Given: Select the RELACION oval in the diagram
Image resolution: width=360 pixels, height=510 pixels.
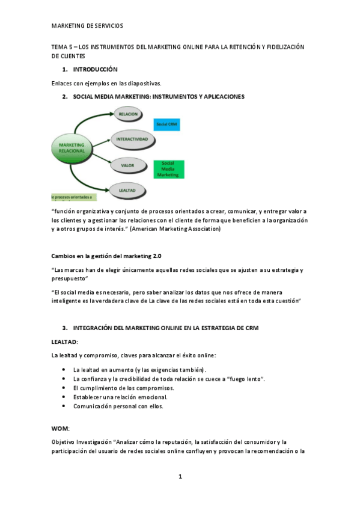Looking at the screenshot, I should (x=129, y=114).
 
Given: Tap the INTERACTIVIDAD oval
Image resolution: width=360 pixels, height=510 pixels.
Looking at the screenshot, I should (x=132, y=139).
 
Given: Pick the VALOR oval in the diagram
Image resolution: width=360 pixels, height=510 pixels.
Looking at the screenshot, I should (x=128, y=164).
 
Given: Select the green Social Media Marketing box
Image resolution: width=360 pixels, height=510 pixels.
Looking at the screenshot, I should (x=168, y=170).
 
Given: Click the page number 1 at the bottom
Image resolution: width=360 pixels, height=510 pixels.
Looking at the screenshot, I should (x=180, y=476).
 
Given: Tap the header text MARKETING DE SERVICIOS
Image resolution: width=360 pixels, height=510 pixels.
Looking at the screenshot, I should (x=87, y=26).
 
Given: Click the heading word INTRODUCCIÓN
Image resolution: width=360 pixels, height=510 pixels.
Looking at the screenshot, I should (x=100, y=70).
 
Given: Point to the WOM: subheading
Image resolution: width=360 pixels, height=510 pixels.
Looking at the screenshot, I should (x=61, y=428).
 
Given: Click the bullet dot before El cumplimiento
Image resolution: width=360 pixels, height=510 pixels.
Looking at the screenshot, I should (x=64, y=388).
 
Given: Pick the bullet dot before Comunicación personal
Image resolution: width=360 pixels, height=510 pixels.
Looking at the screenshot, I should (x=64, y=406).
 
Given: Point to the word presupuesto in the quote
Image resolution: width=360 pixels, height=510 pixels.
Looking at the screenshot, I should (x=70, y=278).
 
